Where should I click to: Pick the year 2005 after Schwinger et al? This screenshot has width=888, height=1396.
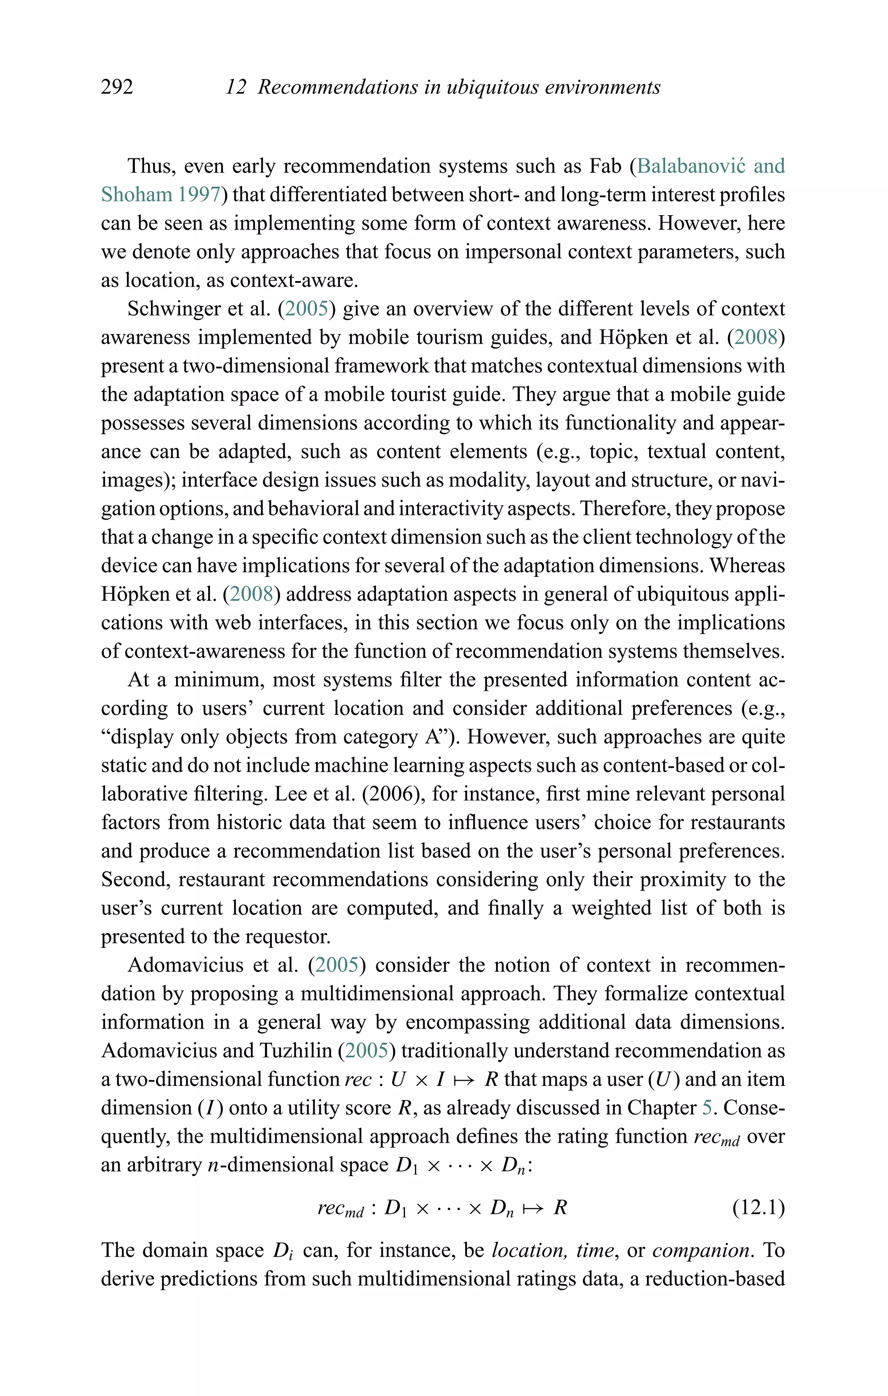[307, 308]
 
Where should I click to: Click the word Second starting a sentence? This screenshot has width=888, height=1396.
[136, 879]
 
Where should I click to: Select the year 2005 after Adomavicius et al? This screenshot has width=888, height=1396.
[337, 965]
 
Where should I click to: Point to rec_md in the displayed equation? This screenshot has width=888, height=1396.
[340, 1209]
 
